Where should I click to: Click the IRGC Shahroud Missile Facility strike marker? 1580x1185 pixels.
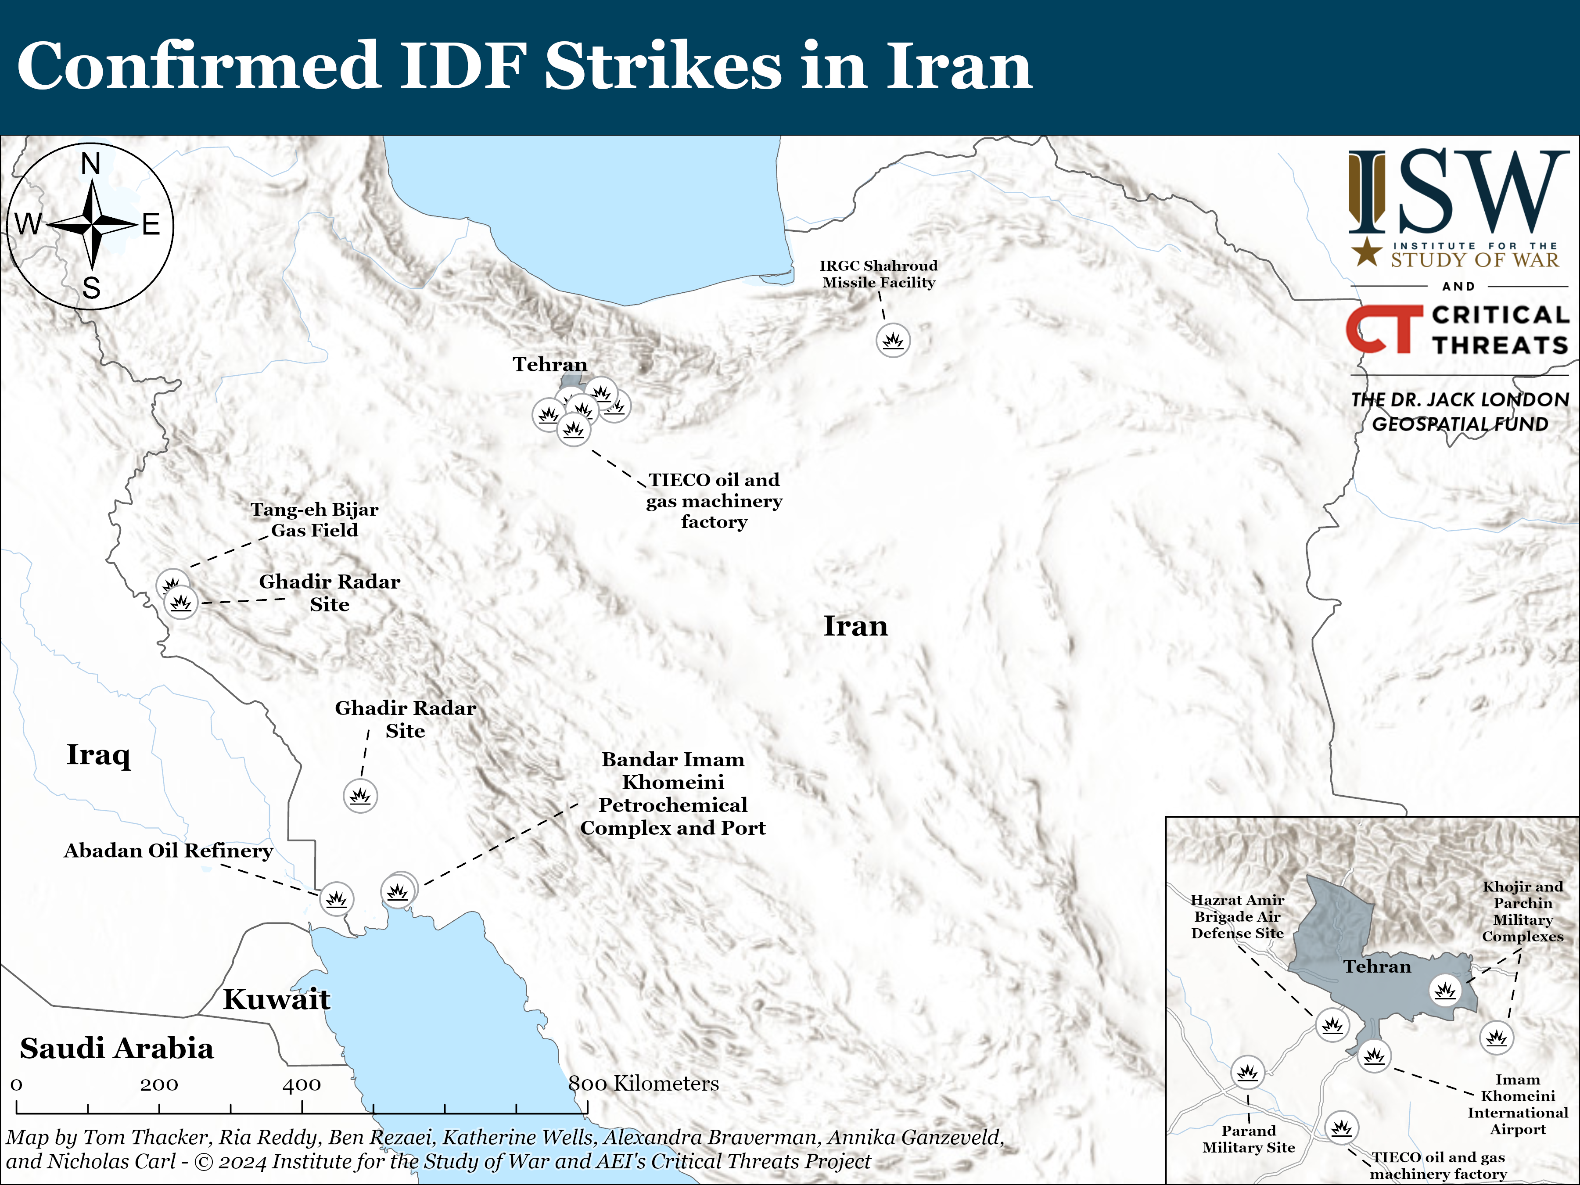893,341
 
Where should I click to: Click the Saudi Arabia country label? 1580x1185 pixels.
116,1048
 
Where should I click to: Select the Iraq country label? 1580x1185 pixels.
99,754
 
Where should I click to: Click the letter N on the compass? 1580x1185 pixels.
91,164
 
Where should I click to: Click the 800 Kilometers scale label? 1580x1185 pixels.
643,1084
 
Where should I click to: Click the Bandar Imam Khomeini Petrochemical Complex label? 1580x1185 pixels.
673,794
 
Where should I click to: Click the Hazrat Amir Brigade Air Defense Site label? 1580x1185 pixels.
1237,916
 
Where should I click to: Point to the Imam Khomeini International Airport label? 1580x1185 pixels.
1518,1104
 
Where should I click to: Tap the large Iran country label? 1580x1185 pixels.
856,626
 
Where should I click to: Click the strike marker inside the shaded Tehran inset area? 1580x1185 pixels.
1446,990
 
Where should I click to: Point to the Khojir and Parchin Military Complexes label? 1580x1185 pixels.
1522,912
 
